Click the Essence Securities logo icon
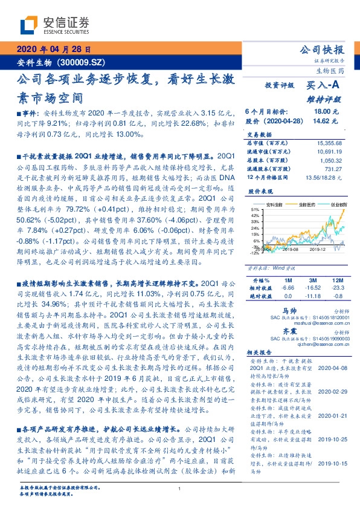[x=28, y=25]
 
